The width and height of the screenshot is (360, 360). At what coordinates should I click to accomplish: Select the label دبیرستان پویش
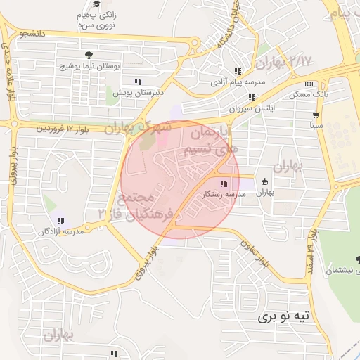139,91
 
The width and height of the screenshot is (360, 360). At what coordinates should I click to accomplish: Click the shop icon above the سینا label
316,115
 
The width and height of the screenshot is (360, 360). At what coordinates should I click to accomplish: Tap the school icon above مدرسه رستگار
224,184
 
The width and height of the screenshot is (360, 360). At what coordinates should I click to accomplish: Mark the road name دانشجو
33,33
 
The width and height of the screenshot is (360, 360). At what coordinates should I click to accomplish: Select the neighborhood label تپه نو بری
284,317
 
